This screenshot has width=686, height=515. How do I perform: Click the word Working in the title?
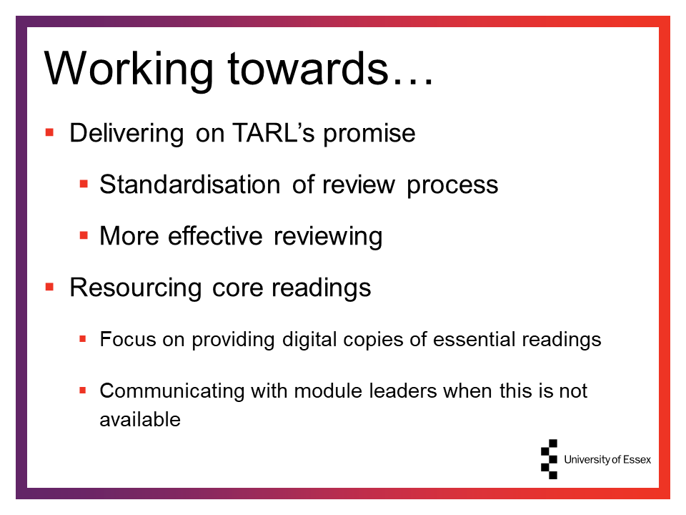pyautogui.click(x=129, y=70)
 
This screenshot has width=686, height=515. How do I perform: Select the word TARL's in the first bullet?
pyautogui.click(x=274, y=133)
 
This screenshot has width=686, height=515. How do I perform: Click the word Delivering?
pyautogui.click(x=126, y=134)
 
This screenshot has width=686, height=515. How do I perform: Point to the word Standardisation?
pyautogui.click(x=190, y=184)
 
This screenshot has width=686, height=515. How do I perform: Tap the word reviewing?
pyautogui.click(x=328, y=237)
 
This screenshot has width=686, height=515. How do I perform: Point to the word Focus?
pyautogui.click(x=128, y=339)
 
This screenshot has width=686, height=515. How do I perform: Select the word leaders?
pyautogui.click(x=403, y=391)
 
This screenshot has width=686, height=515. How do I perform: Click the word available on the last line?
pyautogui.click(x=140, y=420)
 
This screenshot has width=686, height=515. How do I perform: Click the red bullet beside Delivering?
pyautogui.click(x=49, y=132)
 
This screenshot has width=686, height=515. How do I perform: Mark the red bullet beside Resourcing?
pyautogui.click(x=49, y=288)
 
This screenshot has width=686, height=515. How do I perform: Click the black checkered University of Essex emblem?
pyautogui.click(x=550, y=459)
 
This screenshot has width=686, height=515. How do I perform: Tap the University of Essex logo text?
pyautogui.click(x=607, y=459)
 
